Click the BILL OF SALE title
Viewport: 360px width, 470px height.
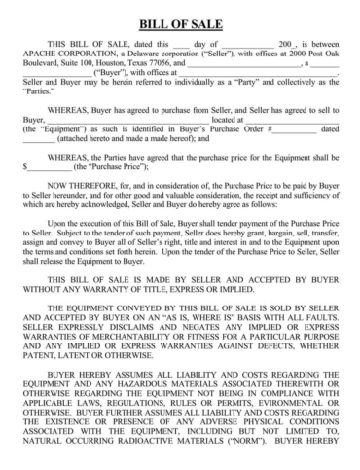pos(180,22)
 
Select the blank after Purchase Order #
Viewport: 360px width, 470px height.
pos(294,127)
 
